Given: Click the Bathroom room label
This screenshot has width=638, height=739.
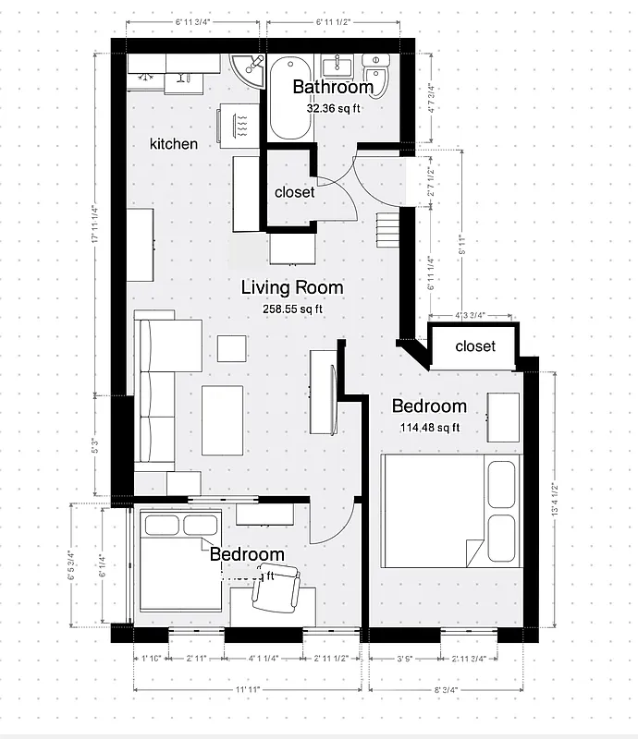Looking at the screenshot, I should [333, 88].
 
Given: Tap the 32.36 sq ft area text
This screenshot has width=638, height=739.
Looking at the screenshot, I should [333, 108].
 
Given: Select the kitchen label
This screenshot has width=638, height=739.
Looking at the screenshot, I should [174, 143].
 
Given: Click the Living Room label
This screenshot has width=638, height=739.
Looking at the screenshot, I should [292, 287].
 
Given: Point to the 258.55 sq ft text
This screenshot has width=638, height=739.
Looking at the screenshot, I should [292, 309].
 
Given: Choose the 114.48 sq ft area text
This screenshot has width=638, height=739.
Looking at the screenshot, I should [429, 427].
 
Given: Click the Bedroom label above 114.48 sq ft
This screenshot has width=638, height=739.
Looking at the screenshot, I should [429, 406].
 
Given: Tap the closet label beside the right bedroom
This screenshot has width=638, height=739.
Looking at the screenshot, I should [475, 346].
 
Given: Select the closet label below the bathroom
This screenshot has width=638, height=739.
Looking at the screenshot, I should [295, 192].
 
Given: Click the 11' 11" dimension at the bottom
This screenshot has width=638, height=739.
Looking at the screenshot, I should [246, 689].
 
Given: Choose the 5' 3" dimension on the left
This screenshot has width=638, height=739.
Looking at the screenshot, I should [96, 446].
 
